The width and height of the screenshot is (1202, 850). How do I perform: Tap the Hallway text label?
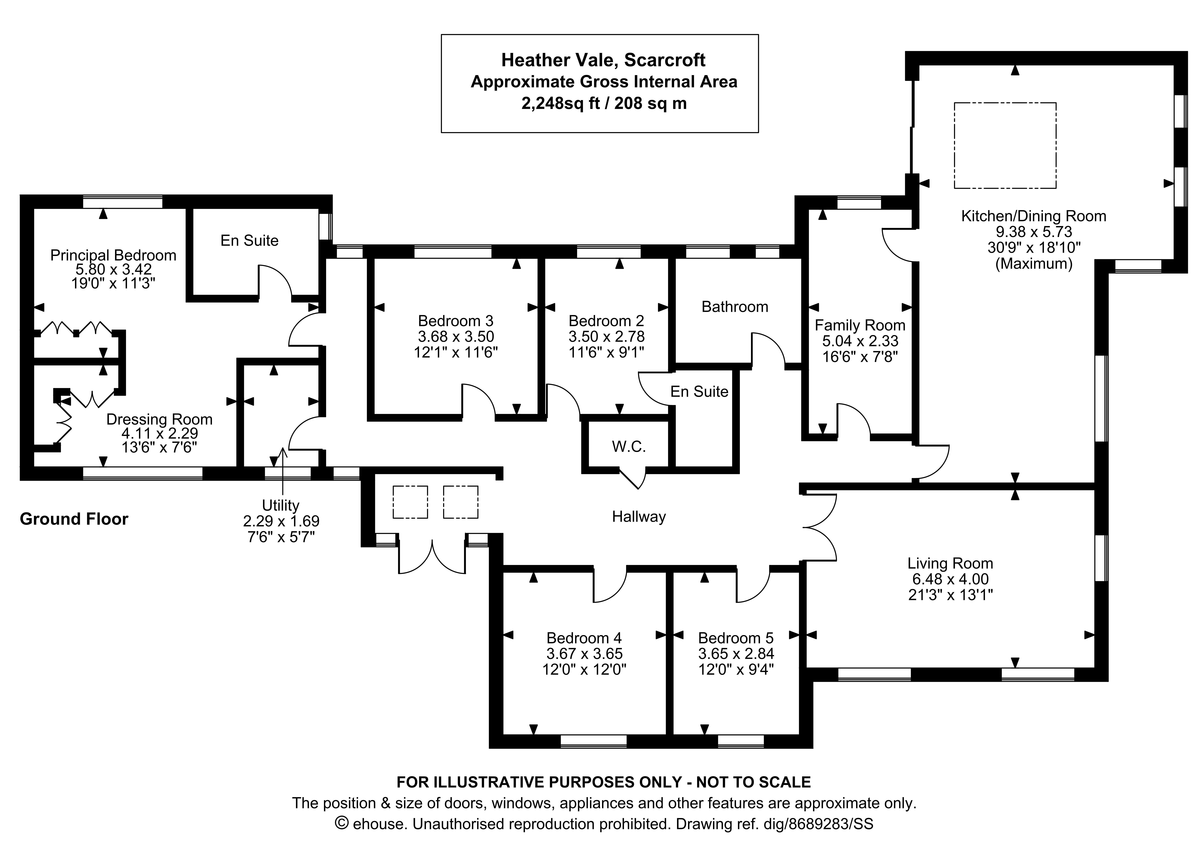point(639,517)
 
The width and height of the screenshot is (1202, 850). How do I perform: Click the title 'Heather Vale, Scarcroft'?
point(603,60)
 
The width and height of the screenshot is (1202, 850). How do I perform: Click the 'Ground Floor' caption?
point(74,519)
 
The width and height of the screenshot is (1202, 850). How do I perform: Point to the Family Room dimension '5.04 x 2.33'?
point(860,341)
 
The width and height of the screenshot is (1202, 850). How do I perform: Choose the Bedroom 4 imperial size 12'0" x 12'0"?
point(584,669)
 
